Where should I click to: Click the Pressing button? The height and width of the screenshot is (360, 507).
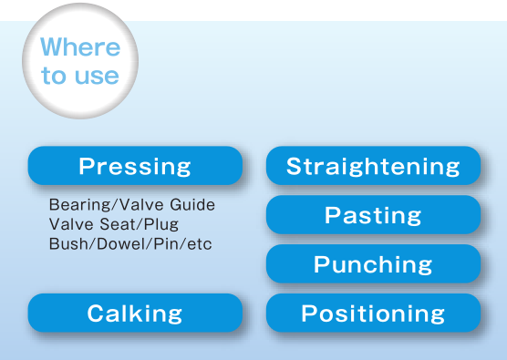point(135,166)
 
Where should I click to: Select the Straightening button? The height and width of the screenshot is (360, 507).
point(373,166)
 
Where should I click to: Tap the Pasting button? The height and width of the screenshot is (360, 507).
point(373,215)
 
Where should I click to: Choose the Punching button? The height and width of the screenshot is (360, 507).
point(373,264)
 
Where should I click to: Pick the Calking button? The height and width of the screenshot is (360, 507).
point(135,314)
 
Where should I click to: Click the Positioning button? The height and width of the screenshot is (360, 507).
point(373,314)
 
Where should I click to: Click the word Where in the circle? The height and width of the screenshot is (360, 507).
point(80,47)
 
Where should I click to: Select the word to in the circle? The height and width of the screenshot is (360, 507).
point(54,76)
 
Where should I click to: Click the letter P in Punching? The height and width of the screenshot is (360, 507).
point(322,264)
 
